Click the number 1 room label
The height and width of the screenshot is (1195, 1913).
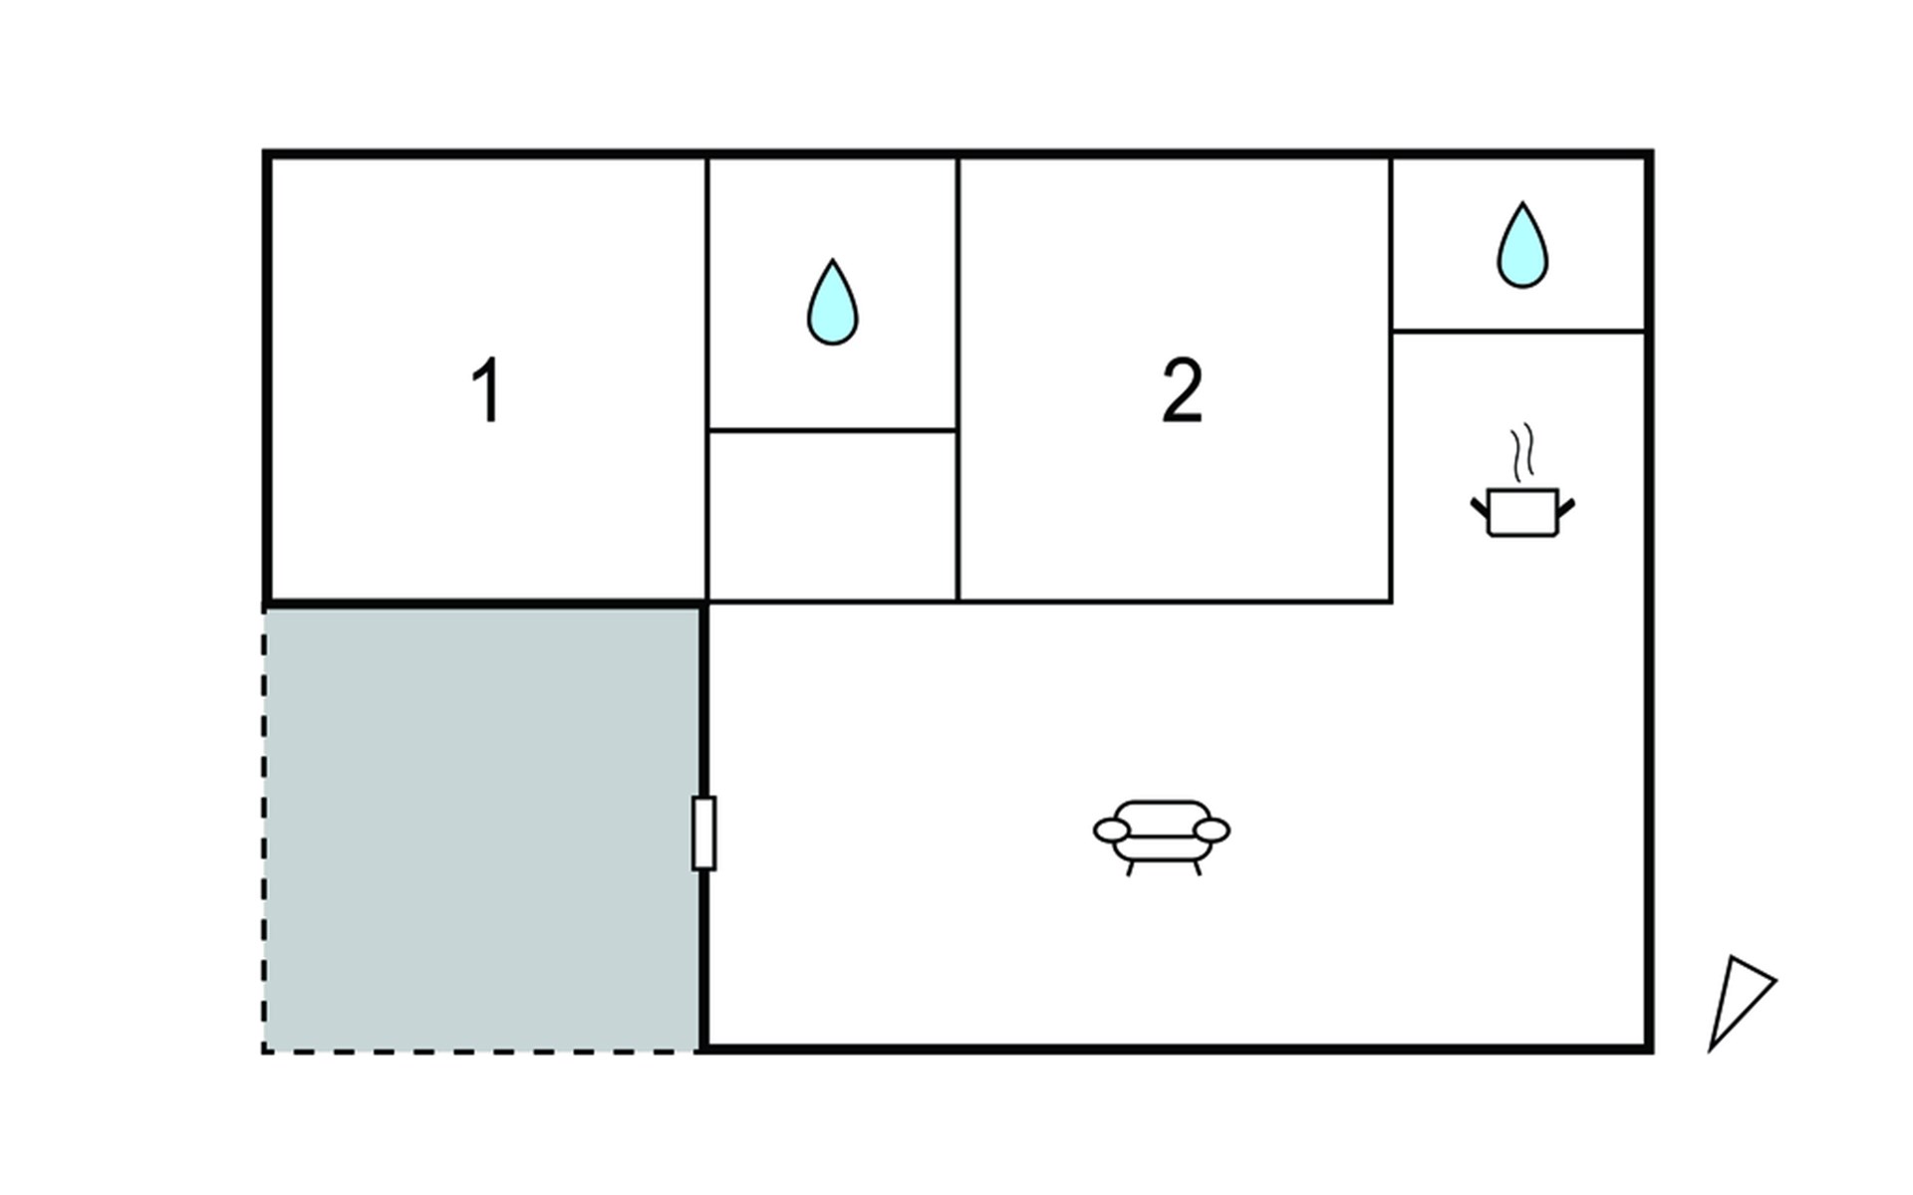[486, 390]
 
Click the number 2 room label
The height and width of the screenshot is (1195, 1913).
[1182, 390]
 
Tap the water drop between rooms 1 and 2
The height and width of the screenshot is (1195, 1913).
[832, 302]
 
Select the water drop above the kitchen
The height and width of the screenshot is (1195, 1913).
[1522, 245]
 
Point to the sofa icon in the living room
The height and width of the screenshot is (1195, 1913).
[1162, 837]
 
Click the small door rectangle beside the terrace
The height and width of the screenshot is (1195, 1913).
[703, 834]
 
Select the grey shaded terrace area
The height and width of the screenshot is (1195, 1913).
[481, 829]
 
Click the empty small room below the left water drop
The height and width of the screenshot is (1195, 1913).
[832, 516]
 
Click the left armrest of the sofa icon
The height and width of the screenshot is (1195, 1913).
[1112, 830]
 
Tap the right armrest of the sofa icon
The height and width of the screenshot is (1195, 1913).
[1212, 830]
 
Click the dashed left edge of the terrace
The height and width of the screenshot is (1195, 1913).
[264, 829]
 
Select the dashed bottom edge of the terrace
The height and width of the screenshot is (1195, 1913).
[481, 1051]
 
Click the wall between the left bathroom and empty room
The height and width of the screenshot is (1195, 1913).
[832, 430]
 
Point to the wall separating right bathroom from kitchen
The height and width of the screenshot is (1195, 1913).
[1518, 331]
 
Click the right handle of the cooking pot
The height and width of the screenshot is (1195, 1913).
[1565, 509]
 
